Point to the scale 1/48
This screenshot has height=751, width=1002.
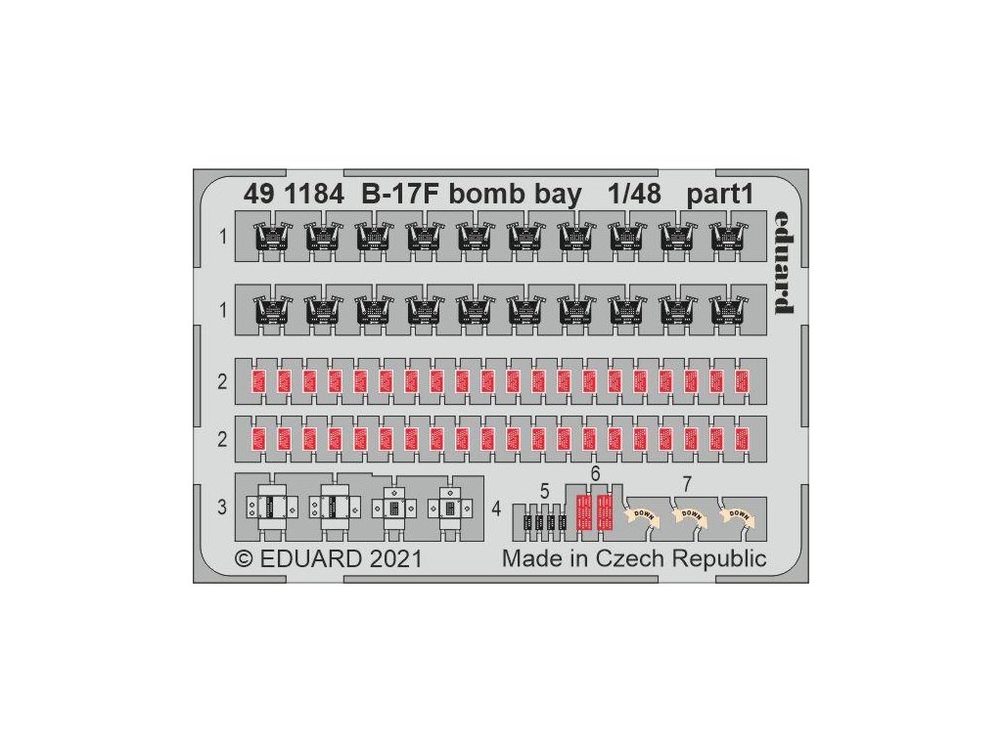point(634,195)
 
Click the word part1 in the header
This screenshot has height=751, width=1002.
point(719,195)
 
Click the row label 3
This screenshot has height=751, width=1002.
point(222,507)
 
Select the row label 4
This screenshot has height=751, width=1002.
point(497,508)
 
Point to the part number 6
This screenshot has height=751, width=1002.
point(594,473)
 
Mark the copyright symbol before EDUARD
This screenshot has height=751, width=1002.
point(244,559)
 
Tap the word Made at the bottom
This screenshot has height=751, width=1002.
point(529,559)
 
